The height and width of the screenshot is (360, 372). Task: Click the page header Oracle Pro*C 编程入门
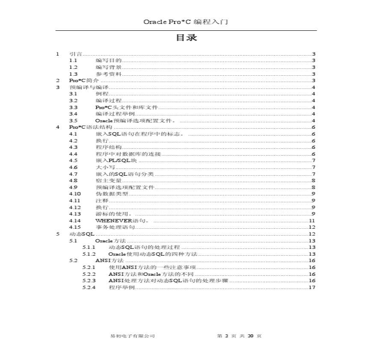coord(186,22)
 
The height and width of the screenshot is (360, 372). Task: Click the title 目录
coord(186,38)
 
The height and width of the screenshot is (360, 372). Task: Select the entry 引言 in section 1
coord(75,54)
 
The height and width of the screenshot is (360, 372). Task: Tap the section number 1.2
coord(73,67)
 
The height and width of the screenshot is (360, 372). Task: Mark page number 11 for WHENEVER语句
coord(312,221)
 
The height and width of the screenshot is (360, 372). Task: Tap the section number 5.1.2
coord(89,254)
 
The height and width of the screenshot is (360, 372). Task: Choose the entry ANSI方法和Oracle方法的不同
coord(151,274)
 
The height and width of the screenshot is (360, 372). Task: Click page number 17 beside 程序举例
coord(312,287)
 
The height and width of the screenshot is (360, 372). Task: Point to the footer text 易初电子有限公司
coord(132,336)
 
